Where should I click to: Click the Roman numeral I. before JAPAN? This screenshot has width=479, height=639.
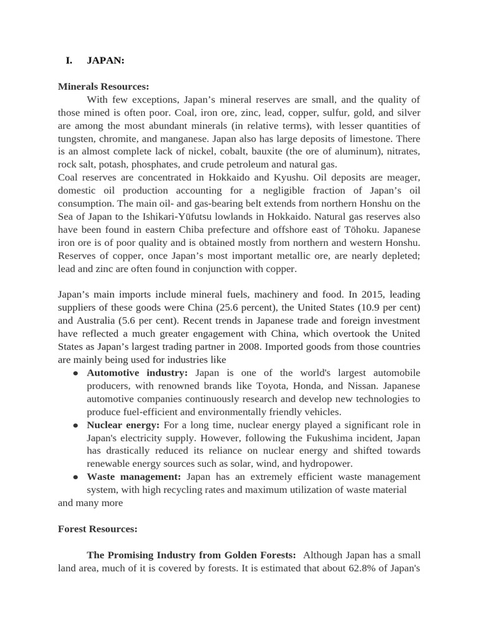coord(69,61)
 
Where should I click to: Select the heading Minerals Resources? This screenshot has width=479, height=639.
coord(104,86)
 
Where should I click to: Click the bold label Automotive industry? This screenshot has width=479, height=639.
coord(137,373)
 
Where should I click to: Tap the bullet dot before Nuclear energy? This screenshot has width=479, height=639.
coord(75,425)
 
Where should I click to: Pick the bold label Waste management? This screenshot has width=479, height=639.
coord(134,477)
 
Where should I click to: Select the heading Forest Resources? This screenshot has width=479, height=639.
coord(98,529)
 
